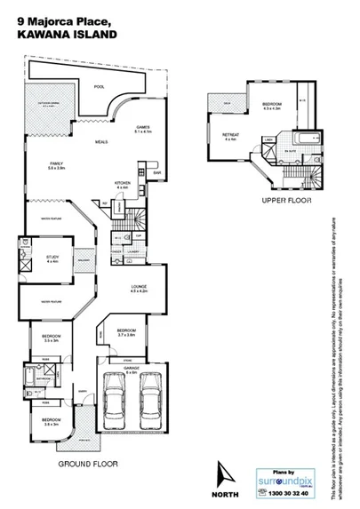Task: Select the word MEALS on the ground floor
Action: click(102, 142)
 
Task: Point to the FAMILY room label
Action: click(57, 165)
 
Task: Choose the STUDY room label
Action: click(52, 258)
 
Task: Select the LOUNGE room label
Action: click(137, 288)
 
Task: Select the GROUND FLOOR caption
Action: click(87, 464)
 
